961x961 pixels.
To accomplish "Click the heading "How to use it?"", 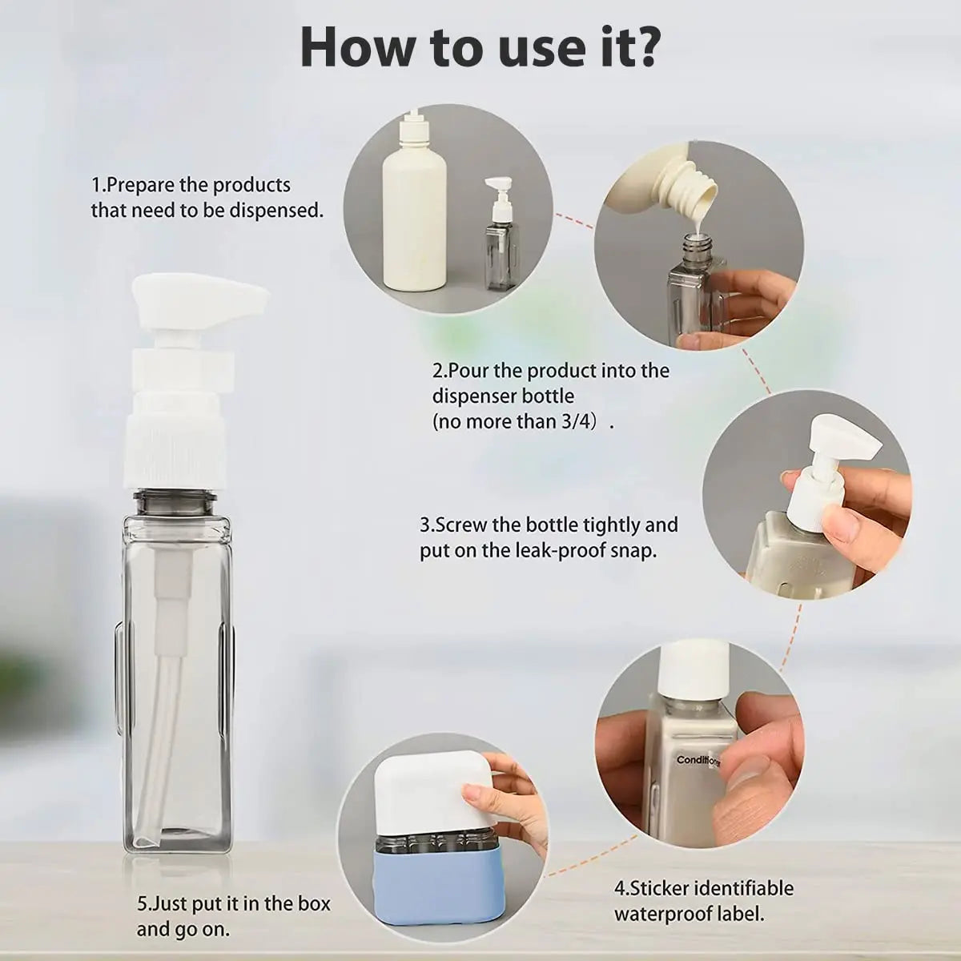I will click(x=480, y=47).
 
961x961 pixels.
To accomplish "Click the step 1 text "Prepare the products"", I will click(x=191, y=185).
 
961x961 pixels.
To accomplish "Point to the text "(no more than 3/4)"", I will click(x=517, y=421).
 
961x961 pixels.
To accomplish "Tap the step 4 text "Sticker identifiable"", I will click(x=703, y=888).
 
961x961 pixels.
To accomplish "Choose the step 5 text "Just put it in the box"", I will click(x=233, y=904).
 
